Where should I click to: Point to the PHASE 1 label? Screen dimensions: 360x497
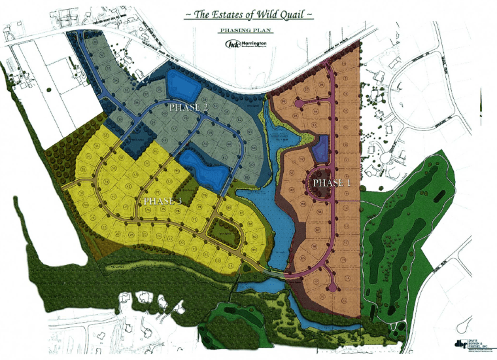click(332, 183)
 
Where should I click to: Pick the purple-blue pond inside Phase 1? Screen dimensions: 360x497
click(320, 149)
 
